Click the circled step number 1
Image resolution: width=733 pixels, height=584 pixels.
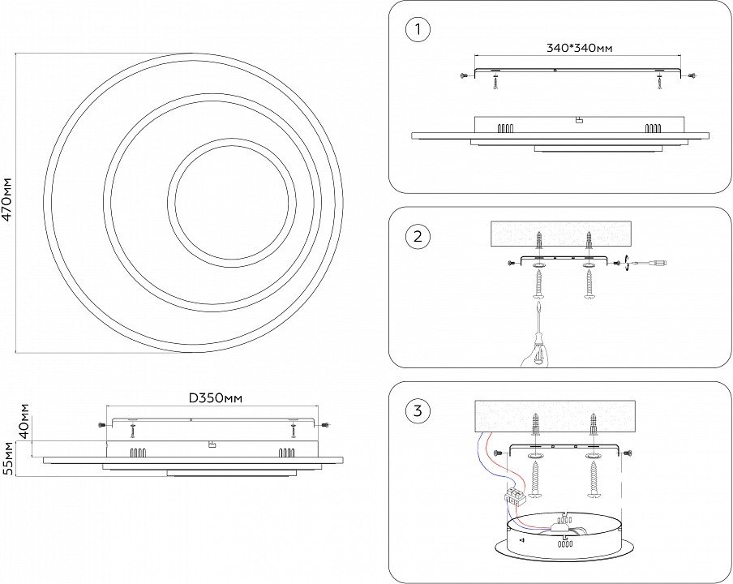click(418, 31)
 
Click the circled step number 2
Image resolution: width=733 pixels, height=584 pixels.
click(418, 237)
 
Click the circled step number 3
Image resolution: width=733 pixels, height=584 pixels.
click(418, 410)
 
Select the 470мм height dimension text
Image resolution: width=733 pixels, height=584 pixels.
click(8, 201)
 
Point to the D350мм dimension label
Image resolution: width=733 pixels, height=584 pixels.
click(216, 398)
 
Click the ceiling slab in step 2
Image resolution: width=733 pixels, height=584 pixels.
click(562, 234)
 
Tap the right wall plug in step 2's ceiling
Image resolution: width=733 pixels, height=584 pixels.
click(589, 241)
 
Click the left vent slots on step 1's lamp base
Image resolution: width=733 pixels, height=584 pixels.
click(507, 127)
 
